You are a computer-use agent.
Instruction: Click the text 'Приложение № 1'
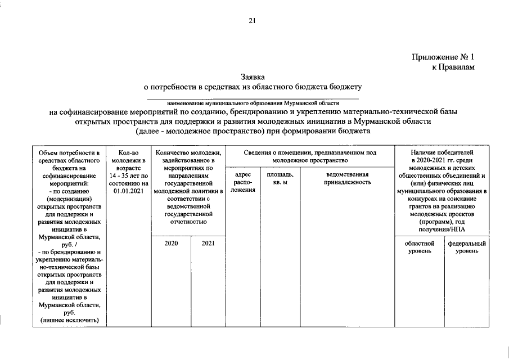pos(443,57)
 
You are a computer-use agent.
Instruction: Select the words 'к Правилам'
pos(453,67)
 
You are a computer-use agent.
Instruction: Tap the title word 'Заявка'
pos(253,76)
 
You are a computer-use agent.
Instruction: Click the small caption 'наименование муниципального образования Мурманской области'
pos(253,103)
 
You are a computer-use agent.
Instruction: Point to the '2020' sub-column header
pos(172,244)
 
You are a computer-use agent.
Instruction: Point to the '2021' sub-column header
pos(208,244)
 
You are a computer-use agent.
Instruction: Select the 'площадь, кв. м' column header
pos(280,178)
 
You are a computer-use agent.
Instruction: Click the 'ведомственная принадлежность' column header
pos(347,178)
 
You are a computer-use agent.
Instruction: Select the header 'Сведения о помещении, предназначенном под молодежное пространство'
pos(310,156)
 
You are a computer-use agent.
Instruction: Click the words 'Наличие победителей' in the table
pos(442,152)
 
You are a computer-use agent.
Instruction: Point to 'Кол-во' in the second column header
pos(128,152)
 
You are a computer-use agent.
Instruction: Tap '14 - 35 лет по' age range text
pos(128,175)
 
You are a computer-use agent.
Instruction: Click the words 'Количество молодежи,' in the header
pos(188,152)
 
